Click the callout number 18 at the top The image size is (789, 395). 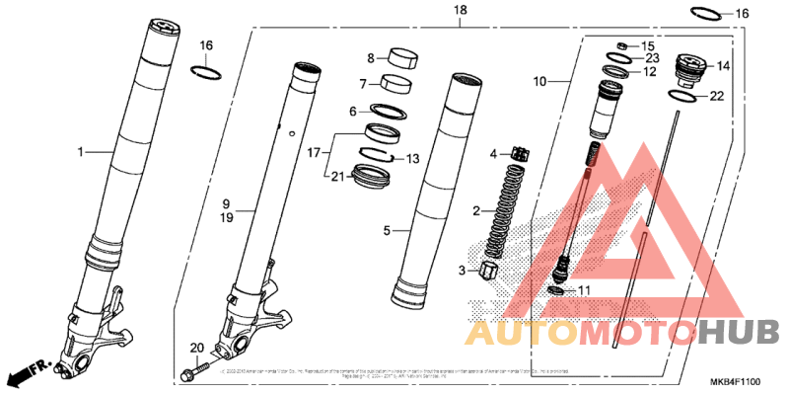460,10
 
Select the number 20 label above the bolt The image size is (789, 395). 195,348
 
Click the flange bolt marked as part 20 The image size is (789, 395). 193,374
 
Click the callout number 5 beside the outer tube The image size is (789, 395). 387,231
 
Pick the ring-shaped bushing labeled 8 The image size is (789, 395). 401,56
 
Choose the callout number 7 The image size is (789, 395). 362,83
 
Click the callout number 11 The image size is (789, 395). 582,290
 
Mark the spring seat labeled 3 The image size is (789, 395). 485,271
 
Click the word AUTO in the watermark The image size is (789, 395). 520,333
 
